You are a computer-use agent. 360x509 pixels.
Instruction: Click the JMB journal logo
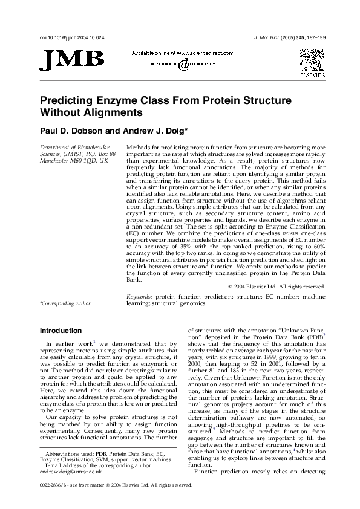pos(71,60)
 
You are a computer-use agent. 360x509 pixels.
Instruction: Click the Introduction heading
pos(61,331)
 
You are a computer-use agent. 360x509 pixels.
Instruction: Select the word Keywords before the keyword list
pos(139,297)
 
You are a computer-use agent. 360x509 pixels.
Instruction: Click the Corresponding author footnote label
pos(65,303)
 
